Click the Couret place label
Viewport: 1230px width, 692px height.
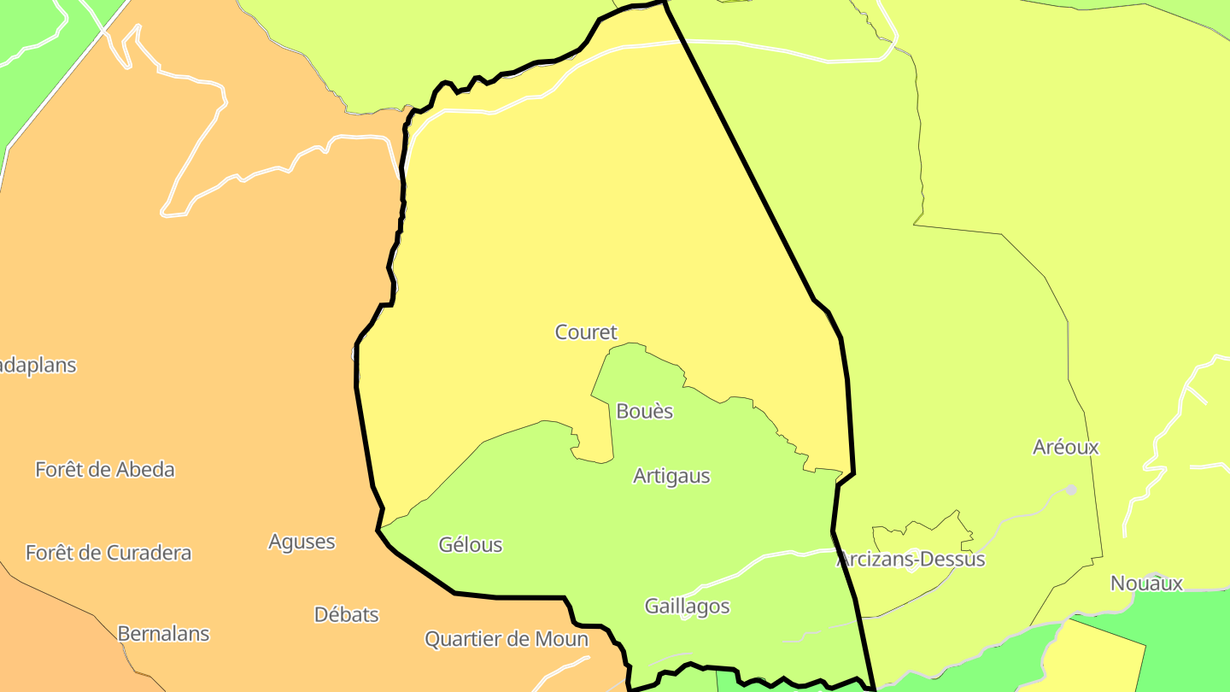coord(586,332)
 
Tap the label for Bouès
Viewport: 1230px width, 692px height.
coord(645,412)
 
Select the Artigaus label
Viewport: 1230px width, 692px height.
coord(671,477)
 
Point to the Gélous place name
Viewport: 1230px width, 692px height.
coord(471,545)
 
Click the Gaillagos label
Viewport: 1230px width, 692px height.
coord(687,607)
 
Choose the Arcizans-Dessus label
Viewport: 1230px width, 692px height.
coord(911,560)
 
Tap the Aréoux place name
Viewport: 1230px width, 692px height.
coord(1065,447)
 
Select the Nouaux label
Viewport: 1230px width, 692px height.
coord(1146,584)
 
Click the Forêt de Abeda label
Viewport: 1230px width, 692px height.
coord(105,469)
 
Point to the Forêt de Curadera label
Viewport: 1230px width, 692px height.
coord(108,553)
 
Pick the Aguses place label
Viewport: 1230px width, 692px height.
coord(302,542)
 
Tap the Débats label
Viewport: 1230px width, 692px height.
coord(346,614)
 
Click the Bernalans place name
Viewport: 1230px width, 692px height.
coord(163,634)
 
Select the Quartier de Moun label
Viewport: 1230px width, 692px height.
coord(507,639)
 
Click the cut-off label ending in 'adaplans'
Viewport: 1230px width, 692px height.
coord(38,366)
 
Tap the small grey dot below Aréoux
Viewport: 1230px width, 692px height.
coord(1071,490)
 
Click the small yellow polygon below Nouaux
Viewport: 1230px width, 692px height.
coord(1098,658)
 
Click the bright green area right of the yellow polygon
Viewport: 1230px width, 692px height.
coord(1187,641)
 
